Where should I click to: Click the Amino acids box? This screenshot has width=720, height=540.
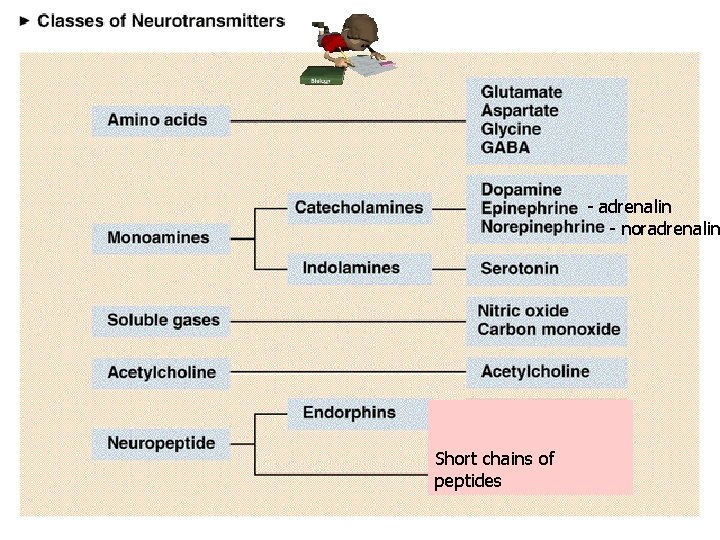160,121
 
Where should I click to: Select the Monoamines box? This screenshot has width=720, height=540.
160,238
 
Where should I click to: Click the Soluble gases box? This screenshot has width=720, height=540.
160,321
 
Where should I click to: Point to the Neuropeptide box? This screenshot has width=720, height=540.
160,443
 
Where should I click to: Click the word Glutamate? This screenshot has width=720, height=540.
521,92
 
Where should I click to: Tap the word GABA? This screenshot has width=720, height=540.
505,147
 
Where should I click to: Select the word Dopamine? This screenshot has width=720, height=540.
521,189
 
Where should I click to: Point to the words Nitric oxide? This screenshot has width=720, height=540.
523,311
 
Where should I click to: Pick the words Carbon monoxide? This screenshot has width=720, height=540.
548,329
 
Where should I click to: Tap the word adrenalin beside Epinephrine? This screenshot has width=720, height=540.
634,207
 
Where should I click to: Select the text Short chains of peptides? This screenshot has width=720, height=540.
494,470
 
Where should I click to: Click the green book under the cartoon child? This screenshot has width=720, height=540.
320,76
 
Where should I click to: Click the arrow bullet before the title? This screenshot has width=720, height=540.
24,20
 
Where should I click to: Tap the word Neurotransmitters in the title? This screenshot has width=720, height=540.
209,20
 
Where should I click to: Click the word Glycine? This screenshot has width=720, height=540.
510,129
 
